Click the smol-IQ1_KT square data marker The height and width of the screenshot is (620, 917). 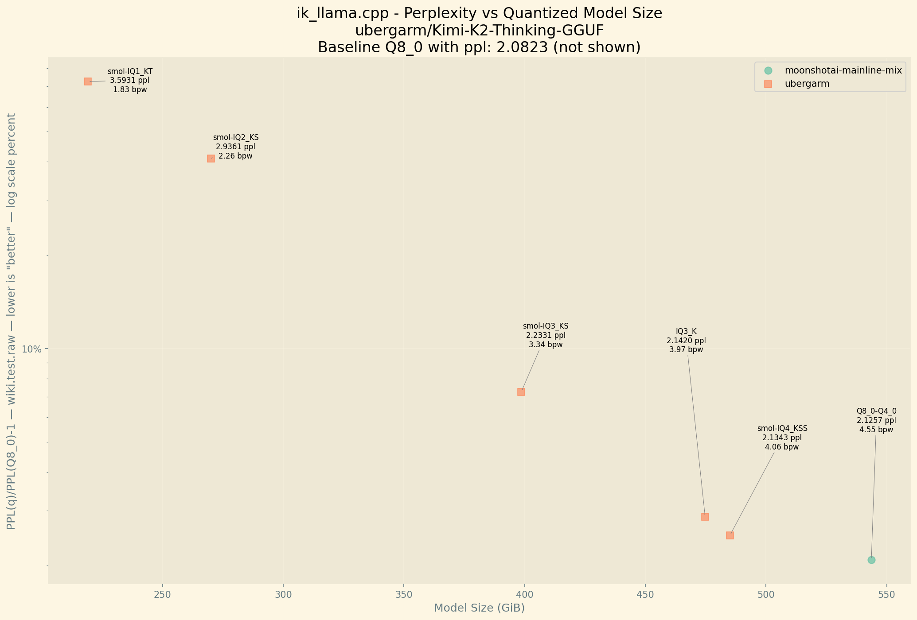click(88, 81)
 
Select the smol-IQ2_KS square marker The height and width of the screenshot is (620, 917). click(211, 159)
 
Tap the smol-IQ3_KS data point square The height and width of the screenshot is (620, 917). click(521, 392)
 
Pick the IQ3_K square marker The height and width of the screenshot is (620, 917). click(705, 517)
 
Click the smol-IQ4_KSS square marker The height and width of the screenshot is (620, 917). click(730, 535)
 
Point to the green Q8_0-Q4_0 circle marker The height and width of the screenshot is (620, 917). click(871, 560)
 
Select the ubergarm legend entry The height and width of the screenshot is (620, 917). click(807, 84)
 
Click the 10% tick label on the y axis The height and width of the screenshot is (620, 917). click(31, 349)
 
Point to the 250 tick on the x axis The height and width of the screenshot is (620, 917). click(162, 593)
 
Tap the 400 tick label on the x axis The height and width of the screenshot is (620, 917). click(525, 593)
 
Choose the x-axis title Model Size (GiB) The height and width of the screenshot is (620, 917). click(479, 608)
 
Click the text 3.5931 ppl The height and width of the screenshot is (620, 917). click(130, 81)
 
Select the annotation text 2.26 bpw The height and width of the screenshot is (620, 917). click(235, 156)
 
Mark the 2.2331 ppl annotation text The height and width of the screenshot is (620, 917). click(546, 336)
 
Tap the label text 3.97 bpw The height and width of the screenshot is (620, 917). click(686, 350)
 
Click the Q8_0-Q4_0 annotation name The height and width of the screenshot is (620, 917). click(876, 411)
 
